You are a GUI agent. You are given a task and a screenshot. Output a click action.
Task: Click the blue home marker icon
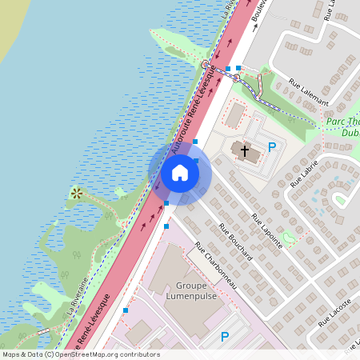[x=180, y=173]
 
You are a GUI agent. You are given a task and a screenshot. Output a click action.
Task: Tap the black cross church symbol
[x=244, y=150]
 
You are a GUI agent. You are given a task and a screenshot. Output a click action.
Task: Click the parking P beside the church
[x=272, y=146]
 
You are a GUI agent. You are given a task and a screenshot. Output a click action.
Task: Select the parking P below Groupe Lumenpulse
[x=225, y=337]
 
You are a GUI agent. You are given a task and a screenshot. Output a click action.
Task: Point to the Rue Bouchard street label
[x=236, y=242]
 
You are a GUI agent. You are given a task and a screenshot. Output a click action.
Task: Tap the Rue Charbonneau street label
[x=212, y=267]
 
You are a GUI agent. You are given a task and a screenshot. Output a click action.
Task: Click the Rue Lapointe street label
[x=267, y=232]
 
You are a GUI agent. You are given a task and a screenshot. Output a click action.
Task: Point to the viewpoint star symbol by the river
[x=77, y=193]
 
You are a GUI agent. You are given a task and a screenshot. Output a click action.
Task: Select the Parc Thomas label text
[x=342, y=123]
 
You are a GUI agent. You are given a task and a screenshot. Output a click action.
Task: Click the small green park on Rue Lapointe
[x=287, y=238]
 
